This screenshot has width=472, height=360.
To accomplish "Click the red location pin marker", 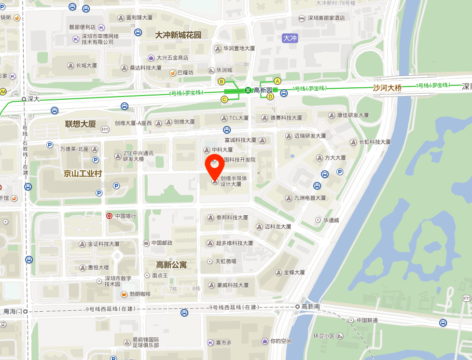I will pyautogui.click(x=215, y=167).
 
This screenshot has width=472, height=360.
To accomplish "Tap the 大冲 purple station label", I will pyautogui.click(x=290, y=38).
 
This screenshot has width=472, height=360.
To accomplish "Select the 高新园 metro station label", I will pyautogui.click(x=263, y=90).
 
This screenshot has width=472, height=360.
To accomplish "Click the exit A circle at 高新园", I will pyautogui.click(x=278, y=81).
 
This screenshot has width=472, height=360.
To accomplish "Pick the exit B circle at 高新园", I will pyautogui.click(x=222, y=81).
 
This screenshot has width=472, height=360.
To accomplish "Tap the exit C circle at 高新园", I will pyautogui.click(x=224, y=99).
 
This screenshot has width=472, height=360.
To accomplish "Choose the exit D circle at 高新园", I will pyautogui.click(x=270, y=97).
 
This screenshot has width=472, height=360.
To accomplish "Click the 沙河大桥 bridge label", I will pyautogui.click(x=387, y=88).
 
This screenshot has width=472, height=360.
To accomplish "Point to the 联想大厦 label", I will pyautogui.click(x=81, y=124).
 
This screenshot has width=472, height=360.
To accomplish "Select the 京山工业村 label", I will pyautogui.click(x=83, y=173).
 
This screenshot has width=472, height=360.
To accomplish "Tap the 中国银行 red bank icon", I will pyautogui.click(x=110, y=216).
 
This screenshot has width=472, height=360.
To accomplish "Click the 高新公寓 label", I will pyautogui.click(x=171, y=264).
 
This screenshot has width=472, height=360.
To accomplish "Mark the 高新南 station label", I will pyautogui.click(x=311, y=306).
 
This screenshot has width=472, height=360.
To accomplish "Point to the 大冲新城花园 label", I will pyautogui.click(x=178, y=35).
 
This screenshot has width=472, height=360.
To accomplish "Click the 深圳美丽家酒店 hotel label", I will pyautogui.click(x=327, y=18).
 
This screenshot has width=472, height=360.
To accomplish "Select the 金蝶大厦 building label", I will pyautogui.click(x=294, y=272).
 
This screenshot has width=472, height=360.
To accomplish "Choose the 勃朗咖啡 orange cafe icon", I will pyautogui.click(x=124, y=294).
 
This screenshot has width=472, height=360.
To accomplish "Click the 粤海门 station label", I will pyautogui.click(x=13, y=311).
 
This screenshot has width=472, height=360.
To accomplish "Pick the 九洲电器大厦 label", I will pyautogui.click(x=310, y=198).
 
